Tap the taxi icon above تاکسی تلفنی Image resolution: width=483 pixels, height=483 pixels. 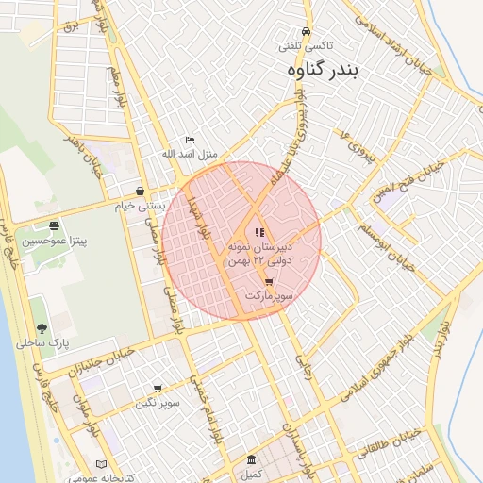click(x=304, y=30)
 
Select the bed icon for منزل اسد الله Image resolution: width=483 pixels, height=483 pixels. click(x=190, y=140)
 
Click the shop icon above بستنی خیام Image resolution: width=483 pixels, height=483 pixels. click(x=140, y=191)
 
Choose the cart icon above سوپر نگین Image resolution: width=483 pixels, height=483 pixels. click(x=157, y=388)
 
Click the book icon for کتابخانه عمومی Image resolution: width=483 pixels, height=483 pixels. click(x=101, y=463)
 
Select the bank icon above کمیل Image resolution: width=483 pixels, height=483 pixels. click(x=251, y=459)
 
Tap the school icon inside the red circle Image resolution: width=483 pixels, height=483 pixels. click(x=259, y=232)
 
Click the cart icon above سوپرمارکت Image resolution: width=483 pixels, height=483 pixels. click(x=269, y=281)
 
